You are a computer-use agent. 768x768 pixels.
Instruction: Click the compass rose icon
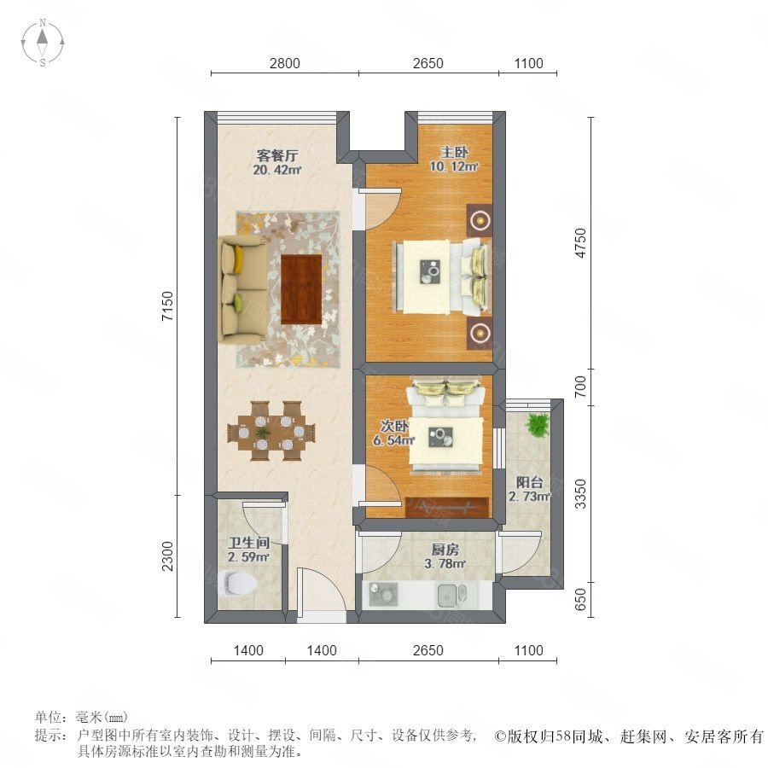[x=43, y=43]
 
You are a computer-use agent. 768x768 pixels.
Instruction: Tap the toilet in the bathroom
[x=239, y=583]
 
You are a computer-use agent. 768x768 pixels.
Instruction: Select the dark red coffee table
[x=301, y=289]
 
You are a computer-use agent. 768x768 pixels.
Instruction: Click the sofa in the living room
[x=242, y=288]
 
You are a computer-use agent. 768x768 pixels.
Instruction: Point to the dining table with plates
[x=271, y=432]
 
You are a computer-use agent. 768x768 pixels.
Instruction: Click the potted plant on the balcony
[x=538, y=424]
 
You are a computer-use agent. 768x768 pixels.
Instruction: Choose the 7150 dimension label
[x=167, y=306]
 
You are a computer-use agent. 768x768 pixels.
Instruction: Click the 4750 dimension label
[x=580, y=243]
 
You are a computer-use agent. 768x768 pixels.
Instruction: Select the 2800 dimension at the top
[x=284, y=63]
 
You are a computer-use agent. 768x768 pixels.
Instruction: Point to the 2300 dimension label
[x=167, y=556]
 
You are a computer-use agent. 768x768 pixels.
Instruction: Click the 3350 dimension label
[x=580, y=494]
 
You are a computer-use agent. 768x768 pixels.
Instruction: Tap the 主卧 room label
[x=454, y=153]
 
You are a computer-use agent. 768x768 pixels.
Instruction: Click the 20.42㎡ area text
[x=277, y=170]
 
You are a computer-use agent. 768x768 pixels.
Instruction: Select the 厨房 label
[x=445, y=550]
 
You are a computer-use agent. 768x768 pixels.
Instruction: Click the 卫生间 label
[x=249, y=543]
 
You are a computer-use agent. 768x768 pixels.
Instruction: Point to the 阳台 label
[x=529, y=482]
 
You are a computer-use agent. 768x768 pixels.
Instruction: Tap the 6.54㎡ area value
[x=394, y=439]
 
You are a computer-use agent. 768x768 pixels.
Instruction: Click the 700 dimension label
[x=580, y=387]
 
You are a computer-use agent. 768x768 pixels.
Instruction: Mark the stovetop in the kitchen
[x=383, y=594]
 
